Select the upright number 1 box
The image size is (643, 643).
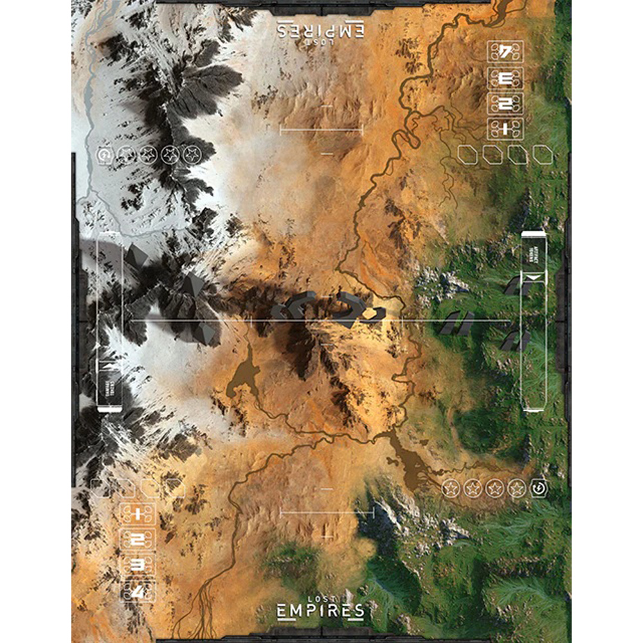[x=138, y=513]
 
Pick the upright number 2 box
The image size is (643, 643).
[x=138, y=539]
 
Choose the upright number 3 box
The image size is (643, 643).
[x=138, y=565]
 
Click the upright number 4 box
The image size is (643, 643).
[x=138, y=590]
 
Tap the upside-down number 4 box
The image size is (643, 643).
[x=505, y=52]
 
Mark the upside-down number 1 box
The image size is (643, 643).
[x=505, y=129]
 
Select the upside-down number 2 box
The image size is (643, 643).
[x=505, y=104]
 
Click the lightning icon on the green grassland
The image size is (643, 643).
[x=539, y=489]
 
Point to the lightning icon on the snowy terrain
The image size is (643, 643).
[x=104, y=154]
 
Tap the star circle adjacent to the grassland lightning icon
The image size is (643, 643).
[x=517, y=489]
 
